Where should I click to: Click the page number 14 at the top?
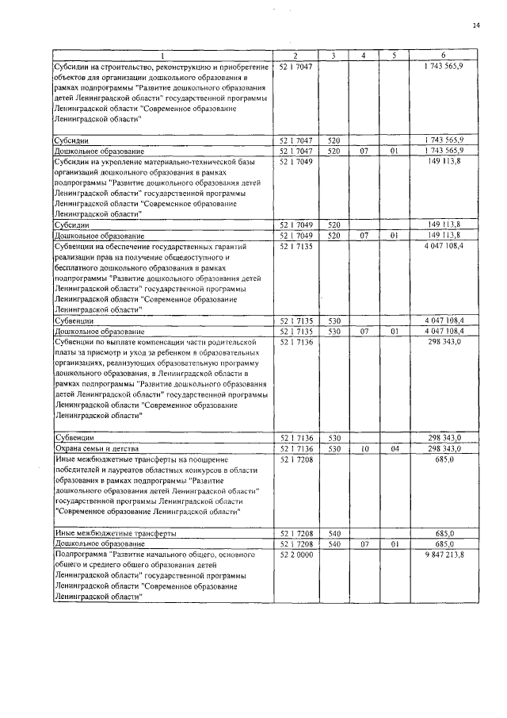(x=476, y=25)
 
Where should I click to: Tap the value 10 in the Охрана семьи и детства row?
(x=364, y=448)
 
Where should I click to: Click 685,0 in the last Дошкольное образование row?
(x=444, y=544)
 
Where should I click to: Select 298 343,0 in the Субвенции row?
(x=444, y=437)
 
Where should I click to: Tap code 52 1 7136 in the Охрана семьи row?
(x=295, y=448)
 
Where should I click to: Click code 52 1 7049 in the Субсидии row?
(x=295, y=225)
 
